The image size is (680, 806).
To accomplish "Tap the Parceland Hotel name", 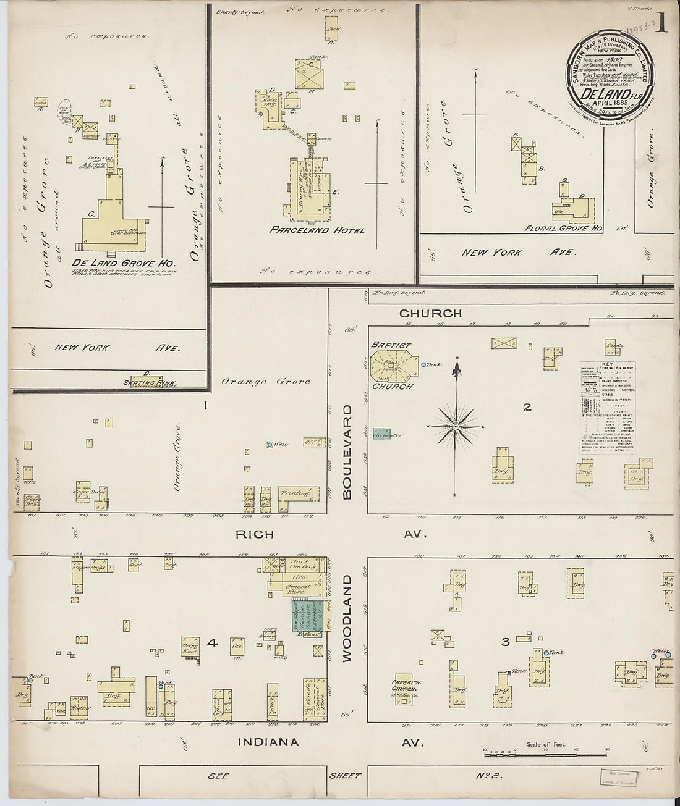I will (317, 230).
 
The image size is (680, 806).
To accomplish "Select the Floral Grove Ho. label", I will (563, 228).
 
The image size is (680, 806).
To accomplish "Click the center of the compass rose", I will (456, 426).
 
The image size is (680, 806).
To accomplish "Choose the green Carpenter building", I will (386, 434).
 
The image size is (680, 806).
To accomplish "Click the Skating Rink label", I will (148, 380).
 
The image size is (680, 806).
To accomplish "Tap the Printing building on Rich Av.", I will (298, 494).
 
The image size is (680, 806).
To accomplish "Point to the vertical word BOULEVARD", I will (347, 451).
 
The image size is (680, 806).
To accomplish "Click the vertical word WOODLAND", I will (347, 618).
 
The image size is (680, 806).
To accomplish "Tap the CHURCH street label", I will (431, 313).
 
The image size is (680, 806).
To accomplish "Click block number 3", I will (505, 642).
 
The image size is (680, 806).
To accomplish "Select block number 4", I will (212, 643).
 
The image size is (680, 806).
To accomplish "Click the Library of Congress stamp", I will (620, 777).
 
